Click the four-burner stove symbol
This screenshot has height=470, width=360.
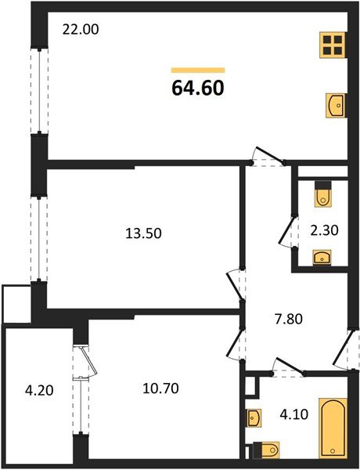pos(333,45)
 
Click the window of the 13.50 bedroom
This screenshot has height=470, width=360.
pos(35,237)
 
